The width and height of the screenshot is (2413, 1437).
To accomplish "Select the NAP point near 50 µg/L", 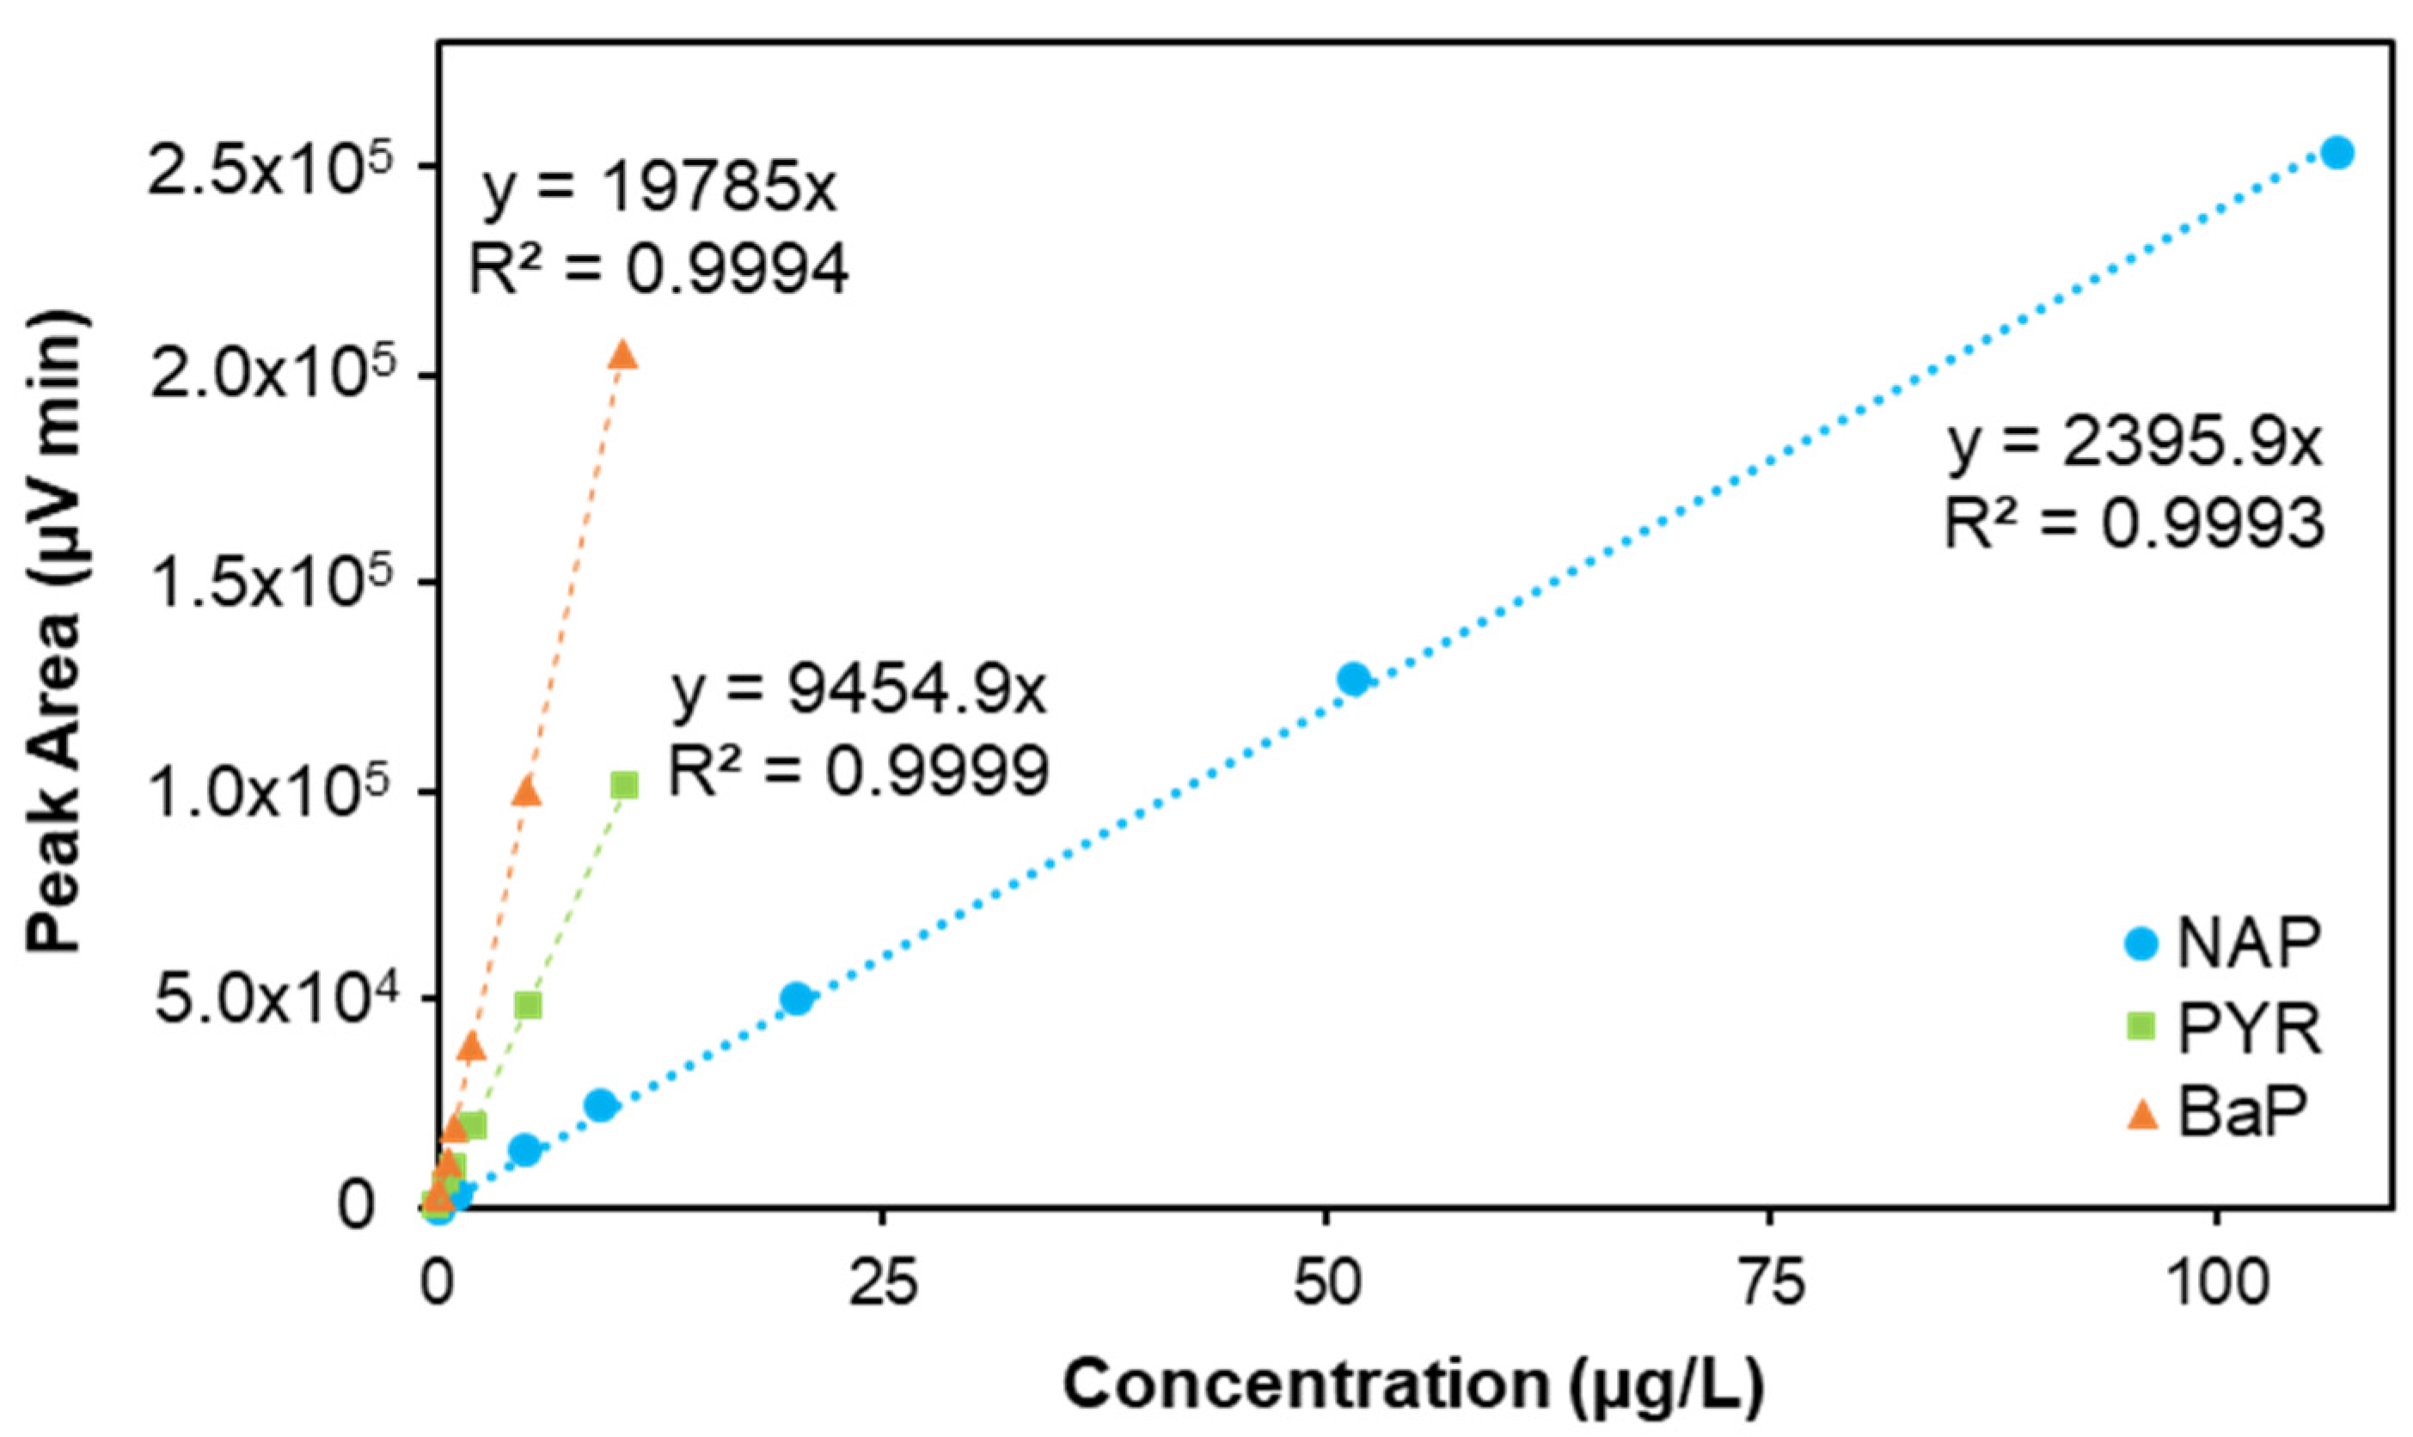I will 1353,679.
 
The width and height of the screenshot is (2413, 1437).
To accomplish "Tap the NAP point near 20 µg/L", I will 796,997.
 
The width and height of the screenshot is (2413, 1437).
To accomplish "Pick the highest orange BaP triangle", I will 622,355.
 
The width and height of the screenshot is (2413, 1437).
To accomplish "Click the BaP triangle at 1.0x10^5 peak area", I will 526,792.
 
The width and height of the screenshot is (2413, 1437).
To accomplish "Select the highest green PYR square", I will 625,786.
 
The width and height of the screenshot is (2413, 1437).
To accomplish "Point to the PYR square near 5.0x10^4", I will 528,1005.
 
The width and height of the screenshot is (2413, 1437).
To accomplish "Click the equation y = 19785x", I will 658,189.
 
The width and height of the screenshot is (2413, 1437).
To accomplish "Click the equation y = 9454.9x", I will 858,693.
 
